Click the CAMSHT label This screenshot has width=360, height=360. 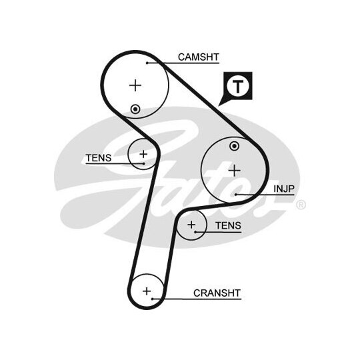click(x=199, y=57)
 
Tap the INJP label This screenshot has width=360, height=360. click(x=284, y=189)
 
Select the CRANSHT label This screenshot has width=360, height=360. click(x=217, y=293)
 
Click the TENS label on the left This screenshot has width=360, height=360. click(x=99, y=158)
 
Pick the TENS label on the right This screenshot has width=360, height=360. click(x=228, y=225)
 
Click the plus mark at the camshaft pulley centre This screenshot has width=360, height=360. click(x=135, y=85)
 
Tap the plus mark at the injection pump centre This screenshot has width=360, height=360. click(x=235, y=171)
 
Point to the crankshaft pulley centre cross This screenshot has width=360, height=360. click(x=147, y=291)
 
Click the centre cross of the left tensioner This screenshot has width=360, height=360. click(x=143, y=154)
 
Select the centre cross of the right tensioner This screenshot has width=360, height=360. click(x=191, y=225)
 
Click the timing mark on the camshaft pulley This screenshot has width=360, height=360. click(x=135, y=109)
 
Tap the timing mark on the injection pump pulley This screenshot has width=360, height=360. click(x=235, y=146)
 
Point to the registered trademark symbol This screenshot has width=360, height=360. click(x=301, y=205)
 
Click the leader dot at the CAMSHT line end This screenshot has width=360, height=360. click(x=147, y=63)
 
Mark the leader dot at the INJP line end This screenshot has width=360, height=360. click(x=236, y=195)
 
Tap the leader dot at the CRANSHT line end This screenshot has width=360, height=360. click(x=152, y=299)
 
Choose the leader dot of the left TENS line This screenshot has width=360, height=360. click(x=144, y=164)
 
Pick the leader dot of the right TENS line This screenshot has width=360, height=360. click(x=195, y=232)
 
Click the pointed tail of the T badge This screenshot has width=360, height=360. click(x=219, y=106)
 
